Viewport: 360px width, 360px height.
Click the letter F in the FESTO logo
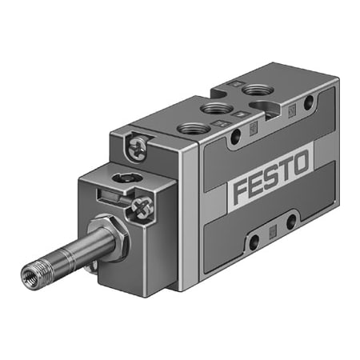[x=240, y=194]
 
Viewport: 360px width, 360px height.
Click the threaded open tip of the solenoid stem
[x=30, y=276]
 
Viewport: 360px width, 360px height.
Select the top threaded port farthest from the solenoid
[x=257, y=90]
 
